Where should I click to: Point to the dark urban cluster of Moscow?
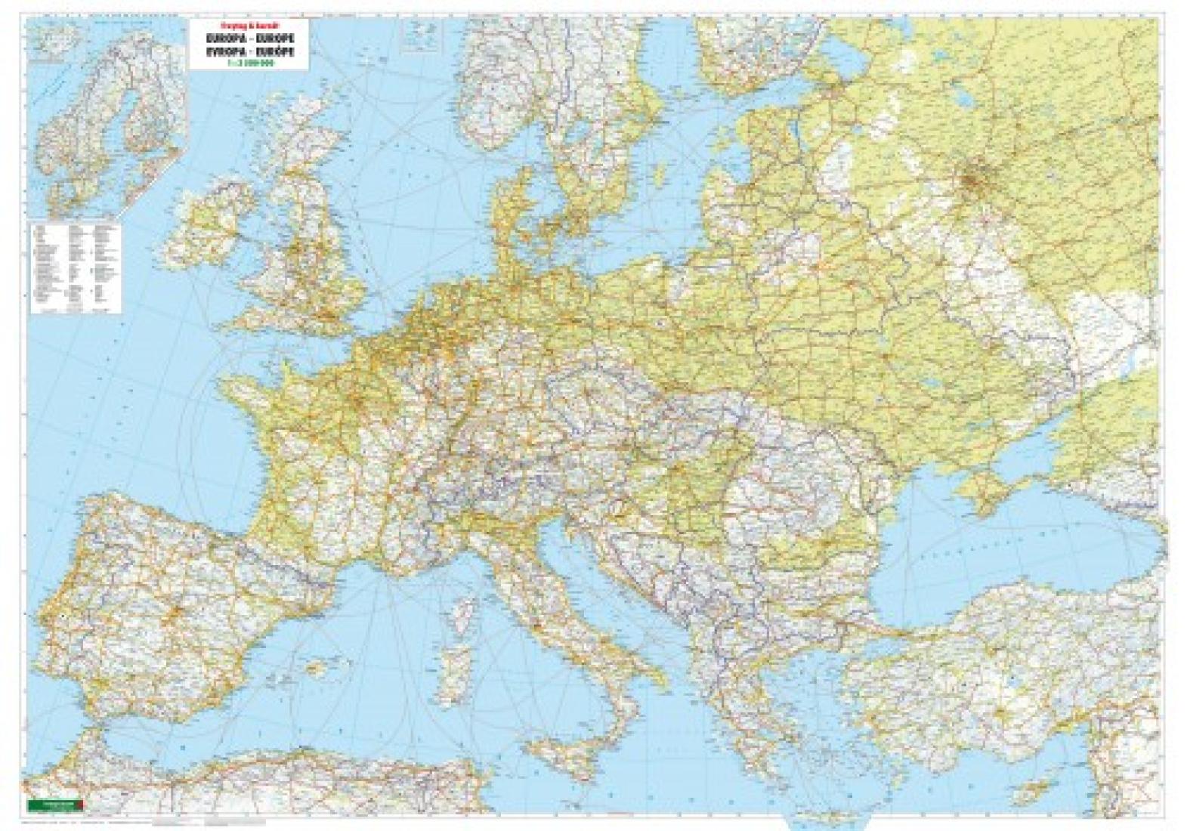(x=970, y=181)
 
